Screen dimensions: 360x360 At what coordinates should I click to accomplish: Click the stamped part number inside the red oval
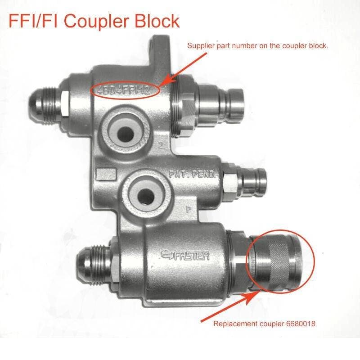click(x=125, y=90)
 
